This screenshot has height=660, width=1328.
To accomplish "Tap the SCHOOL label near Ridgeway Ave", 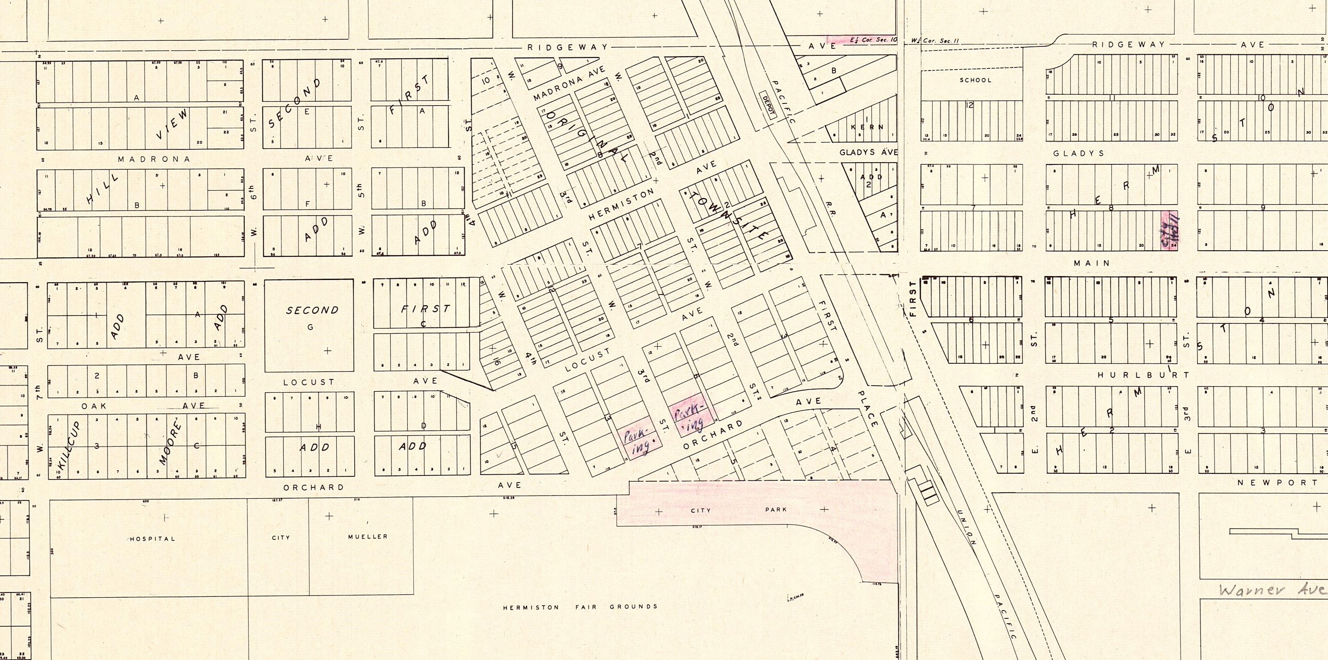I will tap(976, 80).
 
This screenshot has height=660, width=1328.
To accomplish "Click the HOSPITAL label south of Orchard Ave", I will tap(152, 539).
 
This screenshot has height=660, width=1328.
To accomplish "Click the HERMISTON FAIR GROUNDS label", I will tap(580, 607).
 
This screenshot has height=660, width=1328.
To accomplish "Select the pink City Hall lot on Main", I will tap(1169, 231).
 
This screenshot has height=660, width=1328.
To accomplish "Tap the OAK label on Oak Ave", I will tap(94, 406).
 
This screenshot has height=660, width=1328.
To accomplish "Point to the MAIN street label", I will tap(1091, 263).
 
